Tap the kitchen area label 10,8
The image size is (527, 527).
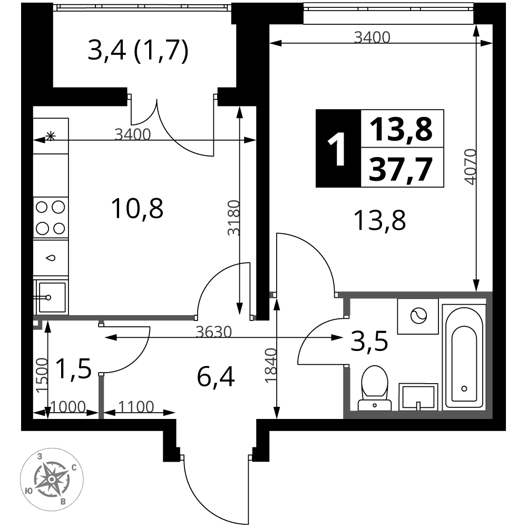[x=138, y=209]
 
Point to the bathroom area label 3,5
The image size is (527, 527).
[x=369, y=341]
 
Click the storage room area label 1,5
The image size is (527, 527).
[x=73, y=369]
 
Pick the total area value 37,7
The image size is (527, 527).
[x=400, y=170]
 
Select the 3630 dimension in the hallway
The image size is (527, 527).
[x=214, y=332]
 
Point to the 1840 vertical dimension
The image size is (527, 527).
[x=271, y=366]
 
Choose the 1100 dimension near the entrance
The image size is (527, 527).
[x=136, y=407]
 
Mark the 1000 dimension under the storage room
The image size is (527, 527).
[x=68, y=407]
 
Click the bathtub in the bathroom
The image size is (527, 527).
[x=464, y=357]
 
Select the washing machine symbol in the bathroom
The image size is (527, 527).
[x=418, y=316]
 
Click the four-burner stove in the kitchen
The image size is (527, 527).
[x=51, y=218]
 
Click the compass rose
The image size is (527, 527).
[x=52, y=479]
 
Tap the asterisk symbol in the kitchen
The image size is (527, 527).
[x=51, y=136]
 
